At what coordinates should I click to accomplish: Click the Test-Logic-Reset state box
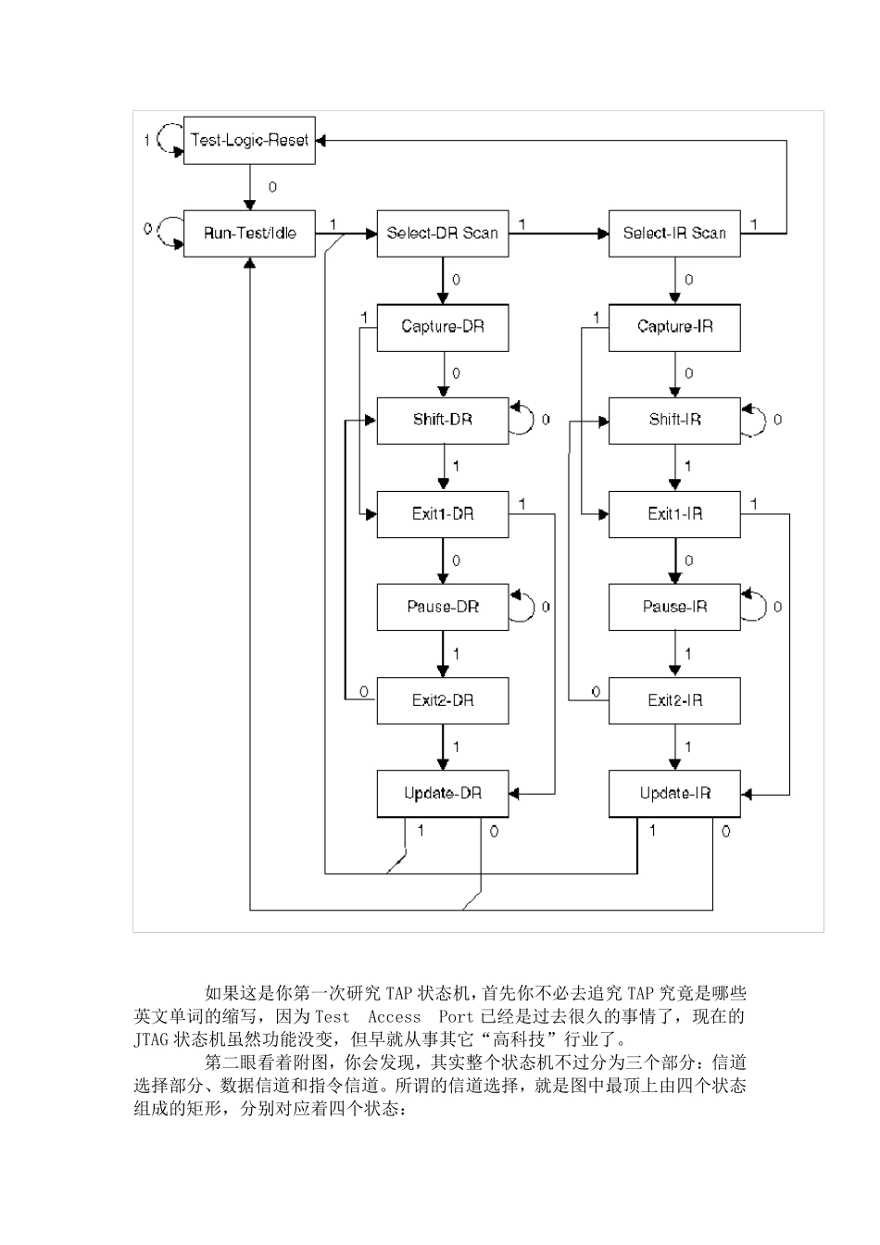point(249,141)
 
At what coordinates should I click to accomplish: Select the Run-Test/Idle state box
point(249,233)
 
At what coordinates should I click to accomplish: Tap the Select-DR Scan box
point(443,233)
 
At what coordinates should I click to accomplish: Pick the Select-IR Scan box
point(674,233)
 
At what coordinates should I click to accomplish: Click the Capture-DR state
point(443,327)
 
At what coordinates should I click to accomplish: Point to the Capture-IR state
point(674,327)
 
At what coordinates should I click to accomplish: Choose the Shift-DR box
point(443,421)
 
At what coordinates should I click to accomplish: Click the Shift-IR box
point(674,421)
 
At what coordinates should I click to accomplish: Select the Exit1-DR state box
point(443,514)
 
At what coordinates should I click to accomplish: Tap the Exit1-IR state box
point(674,514)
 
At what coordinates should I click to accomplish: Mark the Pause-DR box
point(443,608)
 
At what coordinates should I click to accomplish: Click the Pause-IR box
point(674,608)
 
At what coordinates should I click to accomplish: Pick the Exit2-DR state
point(443,700)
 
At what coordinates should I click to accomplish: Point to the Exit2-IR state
point(674,700)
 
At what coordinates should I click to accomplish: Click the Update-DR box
point(443,794)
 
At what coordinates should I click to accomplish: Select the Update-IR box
point(674,794)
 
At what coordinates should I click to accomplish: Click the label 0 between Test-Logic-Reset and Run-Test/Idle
point(272,187)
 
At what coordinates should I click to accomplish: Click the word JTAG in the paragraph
point(151,1040)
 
